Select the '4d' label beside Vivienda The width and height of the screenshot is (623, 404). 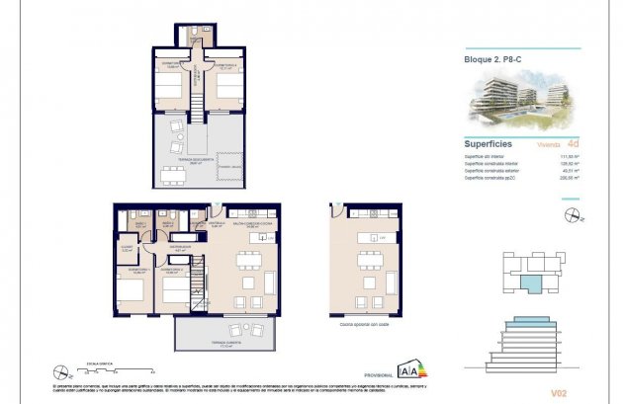tap(573, 142)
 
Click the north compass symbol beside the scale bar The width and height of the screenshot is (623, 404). tap(69, 373)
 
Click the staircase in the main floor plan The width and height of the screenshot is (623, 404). tap(197, 277)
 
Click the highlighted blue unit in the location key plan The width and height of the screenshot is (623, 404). tap(533, 283)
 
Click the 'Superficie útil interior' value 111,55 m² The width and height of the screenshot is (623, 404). tap(570, 156)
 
